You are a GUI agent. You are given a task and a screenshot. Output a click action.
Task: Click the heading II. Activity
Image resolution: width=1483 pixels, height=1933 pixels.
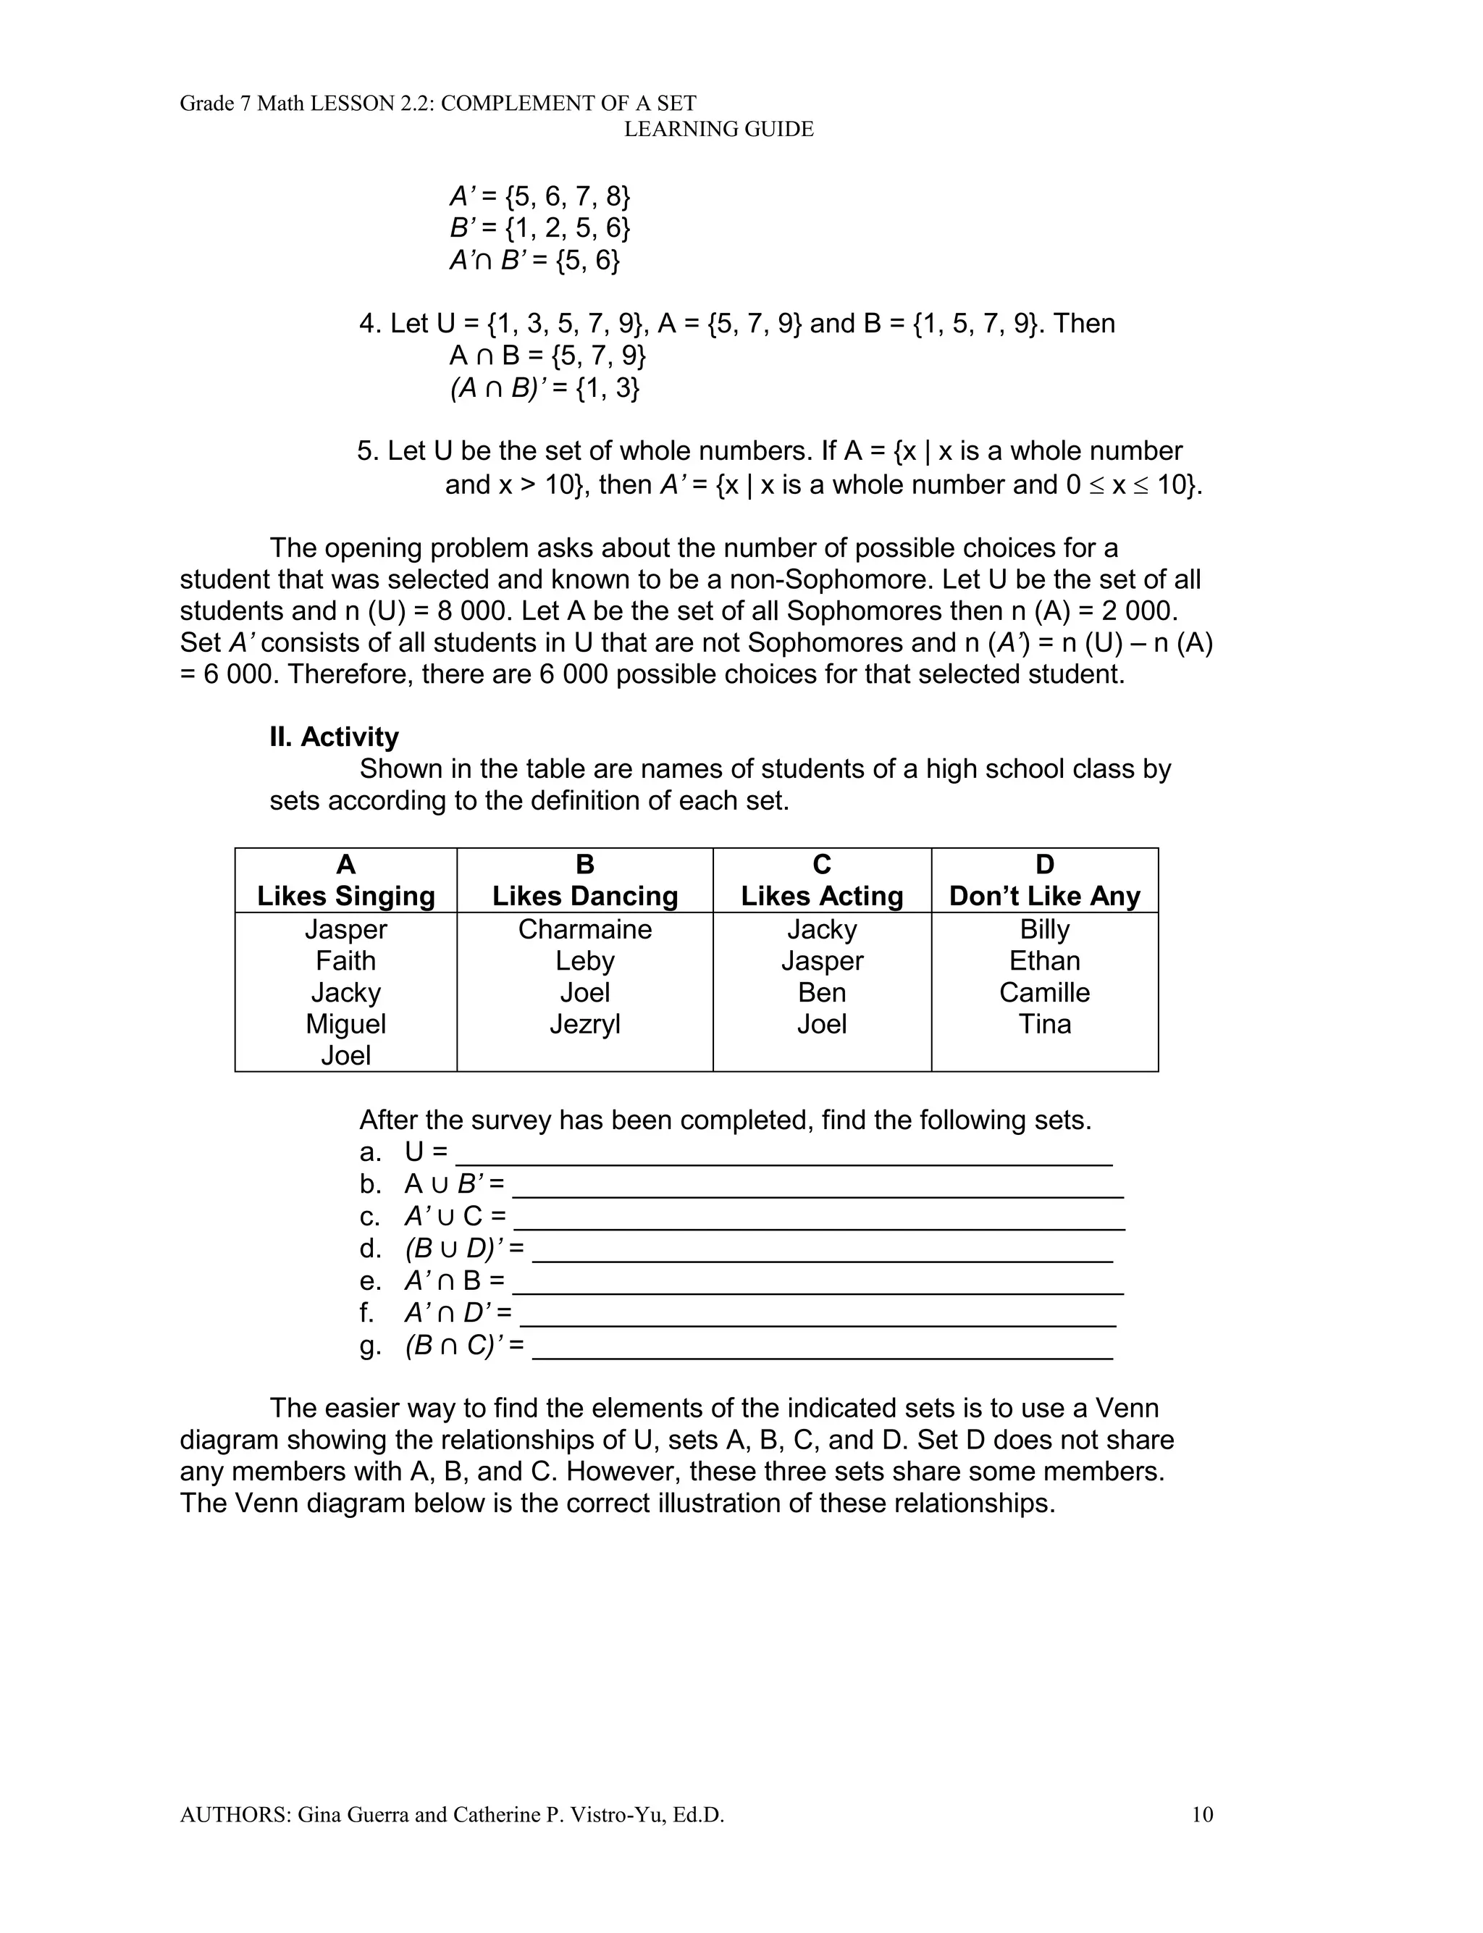coord(334,737)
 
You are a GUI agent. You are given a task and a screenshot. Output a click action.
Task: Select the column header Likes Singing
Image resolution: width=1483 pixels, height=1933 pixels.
coord(346,896)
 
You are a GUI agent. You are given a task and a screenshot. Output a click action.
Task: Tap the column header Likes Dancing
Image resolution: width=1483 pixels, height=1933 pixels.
coord(584,896)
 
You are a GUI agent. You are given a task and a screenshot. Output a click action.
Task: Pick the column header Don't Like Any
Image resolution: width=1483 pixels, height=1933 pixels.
coord(1044,896)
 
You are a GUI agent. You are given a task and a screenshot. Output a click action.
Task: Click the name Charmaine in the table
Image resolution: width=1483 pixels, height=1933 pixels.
coord(584,929)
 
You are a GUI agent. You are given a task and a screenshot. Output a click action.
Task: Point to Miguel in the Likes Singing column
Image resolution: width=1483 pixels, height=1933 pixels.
coord(346,1024)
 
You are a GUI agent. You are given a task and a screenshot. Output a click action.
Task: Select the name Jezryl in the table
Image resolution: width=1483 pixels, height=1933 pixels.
coord(584,1024)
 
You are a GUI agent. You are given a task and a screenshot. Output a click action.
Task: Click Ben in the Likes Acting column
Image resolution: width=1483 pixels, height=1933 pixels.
coord(822,992)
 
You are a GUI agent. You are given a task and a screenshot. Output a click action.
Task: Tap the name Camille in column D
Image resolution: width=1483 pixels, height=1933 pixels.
coord(1044,992)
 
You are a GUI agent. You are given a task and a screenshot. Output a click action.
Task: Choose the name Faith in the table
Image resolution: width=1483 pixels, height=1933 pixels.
coord(346,960)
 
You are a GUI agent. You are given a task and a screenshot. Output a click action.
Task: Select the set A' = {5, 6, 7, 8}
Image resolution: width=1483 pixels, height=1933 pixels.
coord(540,196)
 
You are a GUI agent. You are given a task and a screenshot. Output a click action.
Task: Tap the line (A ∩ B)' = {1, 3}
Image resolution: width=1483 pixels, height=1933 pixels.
coord(545,388)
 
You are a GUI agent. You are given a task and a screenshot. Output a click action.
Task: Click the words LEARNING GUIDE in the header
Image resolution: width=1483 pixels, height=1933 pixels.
coord(718,130)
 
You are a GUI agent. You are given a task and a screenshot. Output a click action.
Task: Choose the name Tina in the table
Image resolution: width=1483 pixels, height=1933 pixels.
coord(1044,1024)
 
